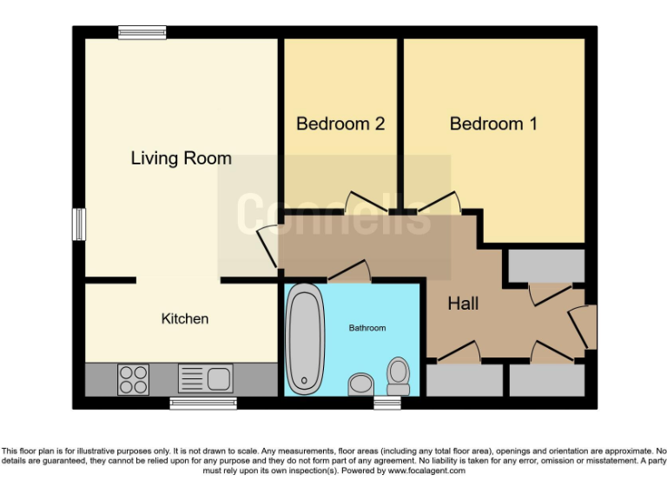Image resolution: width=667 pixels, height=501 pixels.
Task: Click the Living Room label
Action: pos(181,158)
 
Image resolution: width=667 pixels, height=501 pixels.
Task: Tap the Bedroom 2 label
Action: pos(340,124)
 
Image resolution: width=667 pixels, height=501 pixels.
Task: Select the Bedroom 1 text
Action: pos(492,124)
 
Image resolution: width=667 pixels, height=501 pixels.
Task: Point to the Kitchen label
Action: pos(185,319)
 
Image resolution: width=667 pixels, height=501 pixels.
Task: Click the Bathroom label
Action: pos(367,328)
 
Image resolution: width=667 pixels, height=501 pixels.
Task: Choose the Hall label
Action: pos(463,304)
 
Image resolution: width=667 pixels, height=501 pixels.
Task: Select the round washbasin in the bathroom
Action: pos(359,384)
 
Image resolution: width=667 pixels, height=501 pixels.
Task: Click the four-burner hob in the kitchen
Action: pos(133,379)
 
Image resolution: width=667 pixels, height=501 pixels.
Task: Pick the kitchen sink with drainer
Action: pos(206,378)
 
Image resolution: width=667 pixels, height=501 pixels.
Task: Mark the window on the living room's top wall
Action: pos(142,32)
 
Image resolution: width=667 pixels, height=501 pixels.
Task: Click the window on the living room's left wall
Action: pos(78,224)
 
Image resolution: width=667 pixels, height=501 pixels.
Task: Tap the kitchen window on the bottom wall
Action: pos(203,402)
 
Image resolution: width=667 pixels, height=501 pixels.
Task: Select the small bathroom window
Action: pos(386,402)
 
